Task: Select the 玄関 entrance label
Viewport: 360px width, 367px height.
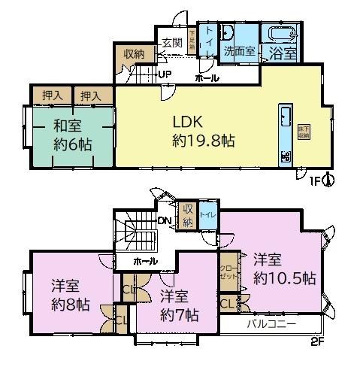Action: click(168, 43)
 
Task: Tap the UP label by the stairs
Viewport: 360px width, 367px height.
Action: click(165, 74)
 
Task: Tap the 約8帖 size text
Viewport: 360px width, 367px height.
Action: click(71, 305)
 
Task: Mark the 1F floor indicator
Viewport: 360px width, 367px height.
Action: click(317, 180)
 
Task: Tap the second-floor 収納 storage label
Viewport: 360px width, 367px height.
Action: click(188, 214)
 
